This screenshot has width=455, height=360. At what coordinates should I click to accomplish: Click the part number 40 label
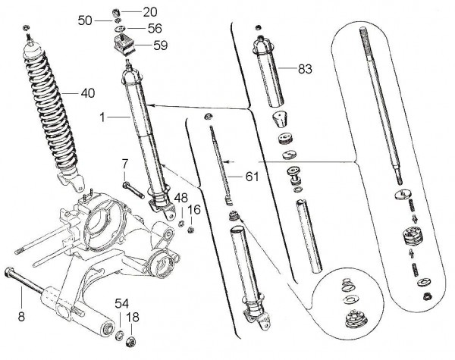coord(88,94)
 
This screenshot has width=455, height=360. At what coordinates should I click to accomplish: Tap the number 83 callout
coord(304,69)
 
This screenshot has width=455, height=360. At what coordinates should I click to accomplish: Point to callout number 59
coord(159,45)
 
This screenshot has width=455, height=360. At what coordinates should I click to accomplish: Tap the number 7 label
coord(125,163)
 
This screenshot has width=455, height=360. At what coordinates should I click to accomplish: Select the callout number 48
coord(180,198)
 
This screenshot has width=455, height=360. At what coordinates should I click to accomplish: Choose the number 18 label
coord(133,318)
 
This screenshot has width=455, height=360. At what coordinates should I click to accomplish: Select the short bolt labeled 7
coord(130,186)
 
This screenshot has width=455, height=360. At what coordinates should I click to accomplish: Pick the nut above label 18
coord(130,340)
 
